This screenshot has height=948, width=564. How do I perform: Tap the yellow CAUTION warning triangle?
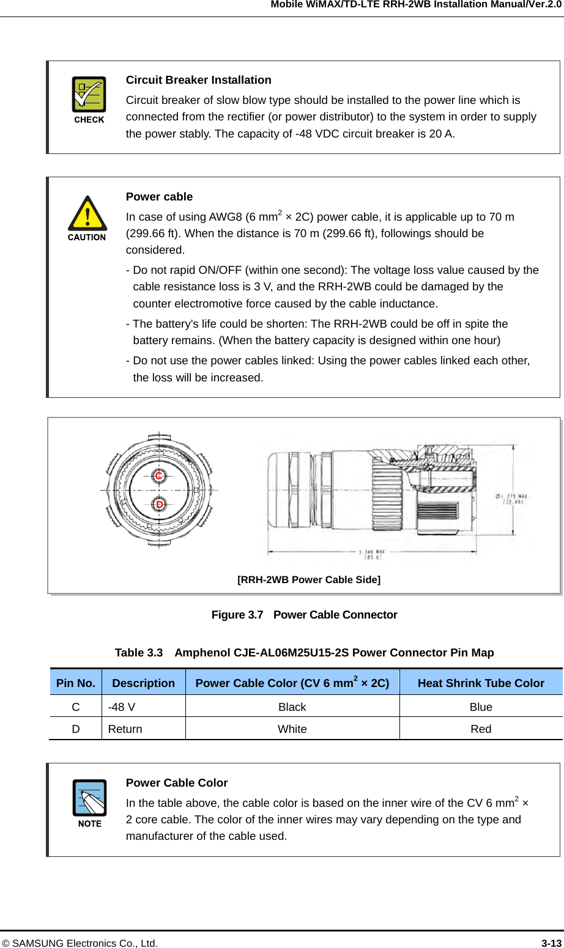pos(87,213)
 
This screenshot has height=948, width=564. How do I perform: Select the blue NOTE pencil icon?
pos(89,798)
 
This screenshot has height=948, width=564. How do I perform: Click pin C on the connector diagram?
pos(159,476)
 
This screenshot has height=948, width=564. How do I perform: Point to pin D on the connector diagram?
pos(159,504)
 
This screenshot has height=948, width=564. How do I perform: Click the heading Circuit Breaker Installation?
pos(198,80)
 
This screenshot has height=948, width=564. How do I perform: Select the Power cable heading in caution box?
pos(159,197)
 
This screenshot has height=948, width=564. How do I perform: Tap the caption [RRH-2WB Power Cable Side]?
pos(308,579)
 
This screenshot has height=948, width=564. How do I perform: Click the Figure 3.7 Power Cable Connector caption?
pos(304,615)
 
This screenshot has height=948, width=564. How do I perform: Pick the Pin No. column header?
pos(76,683)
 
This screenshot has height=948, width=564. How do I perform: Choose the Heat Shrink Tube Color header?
pos(481,683)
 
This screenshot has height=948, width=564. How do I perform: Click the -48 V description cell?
pos(122,707)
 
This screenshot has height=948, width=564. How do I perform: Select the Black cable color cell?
pos(292,707)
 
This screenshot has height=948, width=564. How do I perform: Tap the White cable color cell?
pos(292,729)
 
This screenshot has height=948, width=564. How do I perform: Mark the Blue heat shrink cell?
pos(481,707)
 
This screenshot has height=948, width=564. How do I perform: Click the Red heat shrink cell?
pos(481,729)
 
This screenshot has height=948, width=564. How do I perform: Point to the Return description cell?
pos(125,729)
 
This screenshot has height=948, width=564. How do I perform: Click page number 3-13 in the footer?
pos(551,943)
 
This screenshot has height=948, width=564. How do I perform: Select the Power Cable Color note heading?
pos(176,783)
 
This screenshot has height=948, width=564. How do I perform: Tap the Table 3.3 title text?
pos(304,653)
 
